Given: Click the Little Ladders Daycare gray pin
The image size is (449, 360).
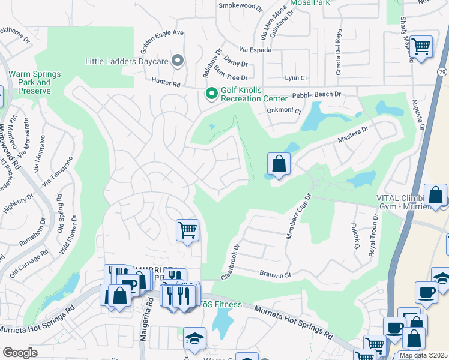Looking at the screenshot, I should (x=177, y=60).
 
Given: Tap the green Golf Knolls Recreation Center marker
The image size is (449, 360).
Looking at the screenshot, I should (x=211, y=94).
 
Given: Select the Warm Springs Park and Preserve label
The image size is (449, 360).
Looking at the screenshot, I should (x=34, y=82).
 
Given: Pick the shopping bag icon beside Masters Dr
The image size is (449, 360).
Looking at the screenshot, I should (x=279, y=164).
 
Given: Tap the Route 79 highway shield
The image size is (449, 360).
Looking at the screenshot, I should (x=442, y=72).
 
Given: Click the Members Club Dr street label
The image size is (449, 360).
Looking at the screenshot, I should (x=298, y=217).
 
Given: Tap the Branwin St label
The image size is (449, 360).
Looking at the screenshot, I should (x=276, y=275).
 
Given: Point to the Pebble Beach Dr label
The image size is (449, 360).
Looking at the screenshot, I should (x=316, y=94).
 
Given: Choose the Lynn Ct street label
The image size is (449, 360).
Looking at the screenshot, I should (x=296, y=78).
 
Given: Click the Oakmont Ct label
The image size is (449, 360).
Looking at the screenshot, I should (x=283, y=110).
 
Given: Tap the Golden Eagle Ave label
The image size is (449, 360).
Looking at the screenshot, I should (x=162, y=37).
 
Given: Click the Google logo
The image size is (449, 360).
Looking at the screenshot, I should (x=20, y=353).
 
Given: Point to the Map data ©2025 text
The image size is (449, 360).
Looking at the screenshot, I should (x=423, y=355).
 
